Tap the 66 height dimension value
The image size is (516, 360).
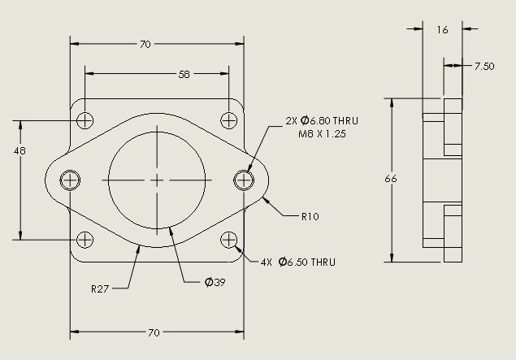(390, 180)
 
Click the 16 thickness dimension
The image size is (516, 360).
(442, 29)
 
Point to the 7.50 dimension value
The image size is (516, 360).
(484, 67)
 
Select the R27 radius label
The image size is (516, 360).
(101, 288)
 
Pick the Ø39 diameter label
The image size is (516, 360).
(215, 282)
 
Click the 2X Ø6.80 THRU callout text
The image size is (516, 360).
(322, 120)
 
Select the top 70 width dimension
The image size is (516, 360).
(145, 45)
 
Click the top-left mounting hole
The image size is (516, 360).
(85, 120)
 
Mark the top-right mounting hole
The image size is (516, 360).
(229, 120)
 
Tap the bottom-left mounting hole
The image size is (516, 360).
(85, 239)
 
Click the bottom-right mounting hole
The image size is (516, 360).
(229, 239)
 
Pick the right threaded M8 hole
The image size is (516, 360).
(244, 180)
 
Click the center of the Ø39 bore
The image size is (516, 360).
(158, 180)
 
